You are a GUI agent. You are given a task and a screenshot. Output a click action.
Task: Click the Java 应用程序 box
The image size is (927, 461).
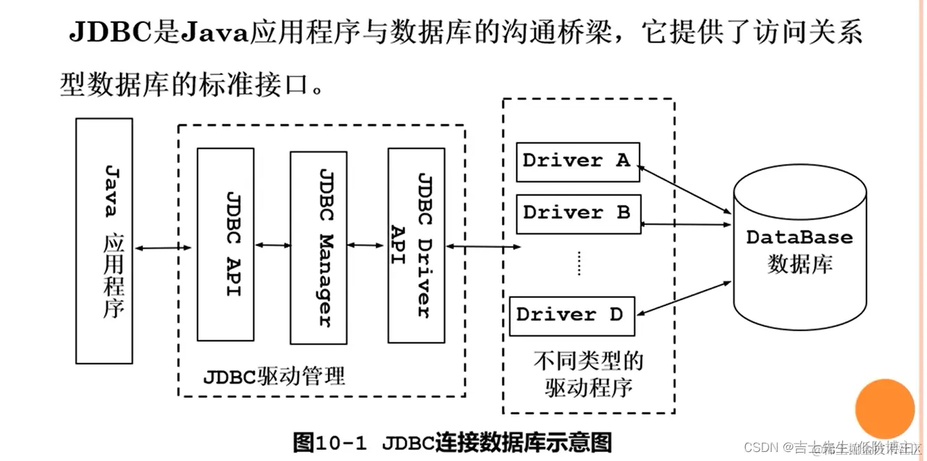[x=104, y=241]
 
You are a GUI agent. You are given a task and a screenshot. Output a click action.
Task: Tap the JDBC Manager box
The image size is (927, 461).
[x=318, y=248]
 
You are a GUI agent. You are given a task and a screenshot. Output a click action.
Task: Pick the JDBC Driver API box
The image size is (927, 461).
[x=416, y=245]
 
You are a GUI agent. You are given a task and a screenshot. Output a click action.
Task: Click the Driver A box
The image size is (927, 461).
[x=577, y=162]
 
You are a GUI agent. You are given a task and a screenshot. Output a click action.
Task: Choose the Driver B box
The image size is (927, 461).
[x=577, y=213]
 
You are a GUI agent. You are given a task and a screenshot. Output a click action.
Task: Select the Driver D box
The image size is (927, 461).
[x=570, y=315]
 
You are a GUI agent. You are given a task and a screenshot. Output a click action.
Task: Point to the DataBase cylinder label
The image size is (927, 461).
[x=799, y=237]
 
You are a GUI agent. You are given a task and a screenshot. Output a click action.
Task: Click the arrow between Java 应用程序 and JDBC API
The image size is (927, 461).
[x=164, y=248]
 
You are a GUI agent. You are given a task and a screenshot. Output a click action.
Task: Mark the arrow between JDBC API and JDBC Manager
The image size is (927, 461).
[x=273, y=245]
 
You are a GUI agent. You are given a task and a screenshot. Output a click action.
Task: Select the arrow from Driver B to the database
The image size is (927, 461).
[x=687, y=224]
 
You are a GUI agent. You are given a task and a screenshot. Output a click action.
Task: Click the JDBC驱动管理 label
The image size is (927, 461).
[x=273, y=377]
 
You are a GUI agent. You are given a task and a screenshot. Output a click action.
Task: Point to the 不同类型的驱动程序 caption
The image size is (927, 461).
[x=588, y=374]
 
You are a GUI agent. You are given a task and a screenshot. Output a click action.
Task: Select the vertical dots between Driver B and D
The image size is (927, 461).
[x=579, y=264]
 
